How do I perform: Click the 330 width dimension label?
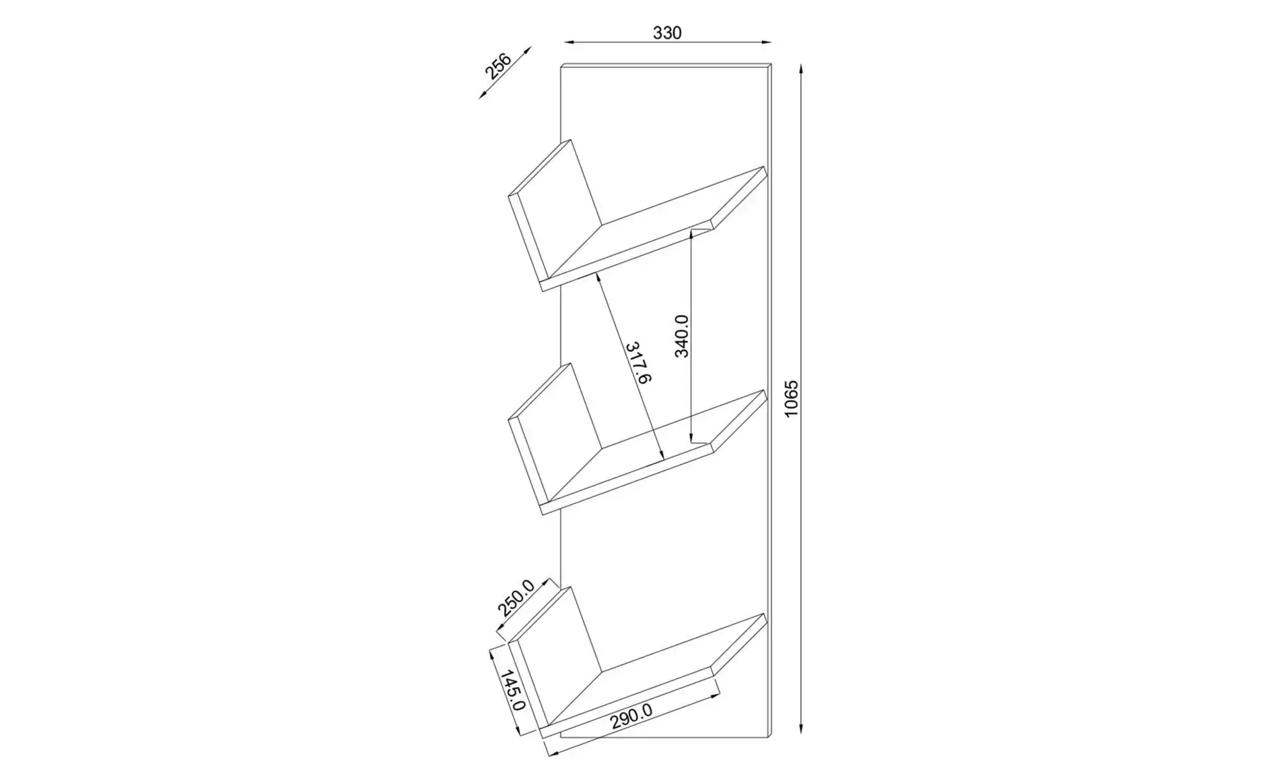tap(667, 33)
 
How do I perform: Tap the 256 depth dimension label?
tap(497, 67)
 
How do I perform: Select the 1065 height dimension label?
tap(792, 399)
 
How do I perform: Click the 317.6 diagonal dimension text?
tap(638, 363)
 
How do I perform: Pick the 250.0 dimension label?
tap(516, 598)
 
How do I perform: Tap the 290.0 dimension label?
tap(631, 716)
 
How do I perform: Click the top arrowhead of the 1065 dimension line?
tap(801, 69)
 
